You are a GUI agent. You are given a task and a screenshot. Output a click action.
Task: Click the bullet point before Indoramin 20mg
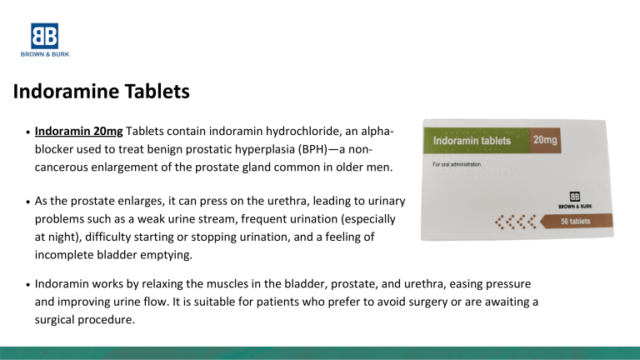(29, 133)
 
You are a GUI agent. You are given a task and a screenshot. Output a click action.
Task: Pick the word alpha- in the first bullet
(373, 132)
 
